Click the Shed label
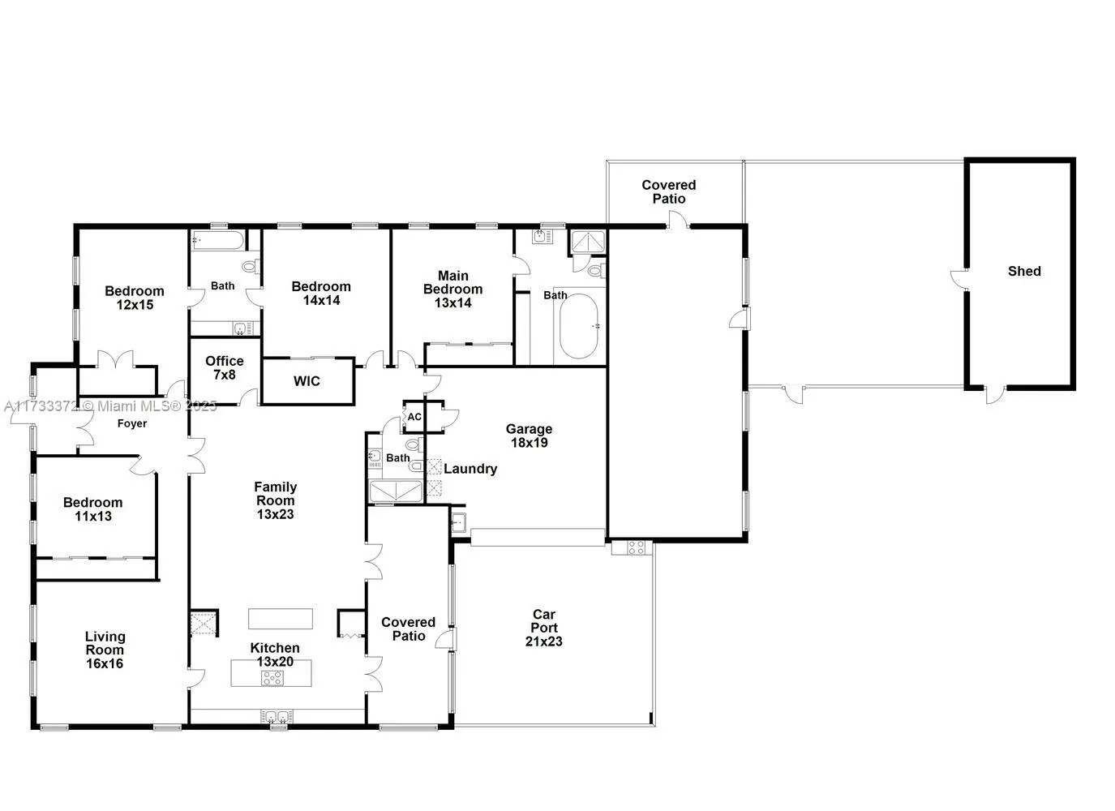coord(1023,271)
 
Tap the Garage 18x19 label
coord(529,436)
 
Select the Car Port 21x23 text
coord(543,628)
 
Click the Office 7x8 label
coord(224,367)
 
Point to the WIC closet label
coord(307,381)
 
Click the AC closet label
coord(414,417)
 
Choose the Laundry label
coord(470,469)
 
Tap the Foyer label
coord(132,423)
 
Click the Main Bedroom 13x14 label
coord(452,290)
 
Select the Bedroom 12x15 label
coord(135,298)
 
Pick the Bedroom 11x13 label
coord(93,509)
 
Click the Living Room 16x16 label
coord(105,650)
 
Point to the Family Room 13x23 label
coord(275,500)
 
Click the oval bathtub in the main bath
coord(578,326)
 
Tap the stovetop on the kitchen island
coord(272,678)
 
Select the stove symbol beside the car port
coord(637,547)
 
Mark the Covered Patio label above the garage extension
coord(669,191)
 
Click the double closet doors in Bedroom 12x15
coord(115,361)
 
